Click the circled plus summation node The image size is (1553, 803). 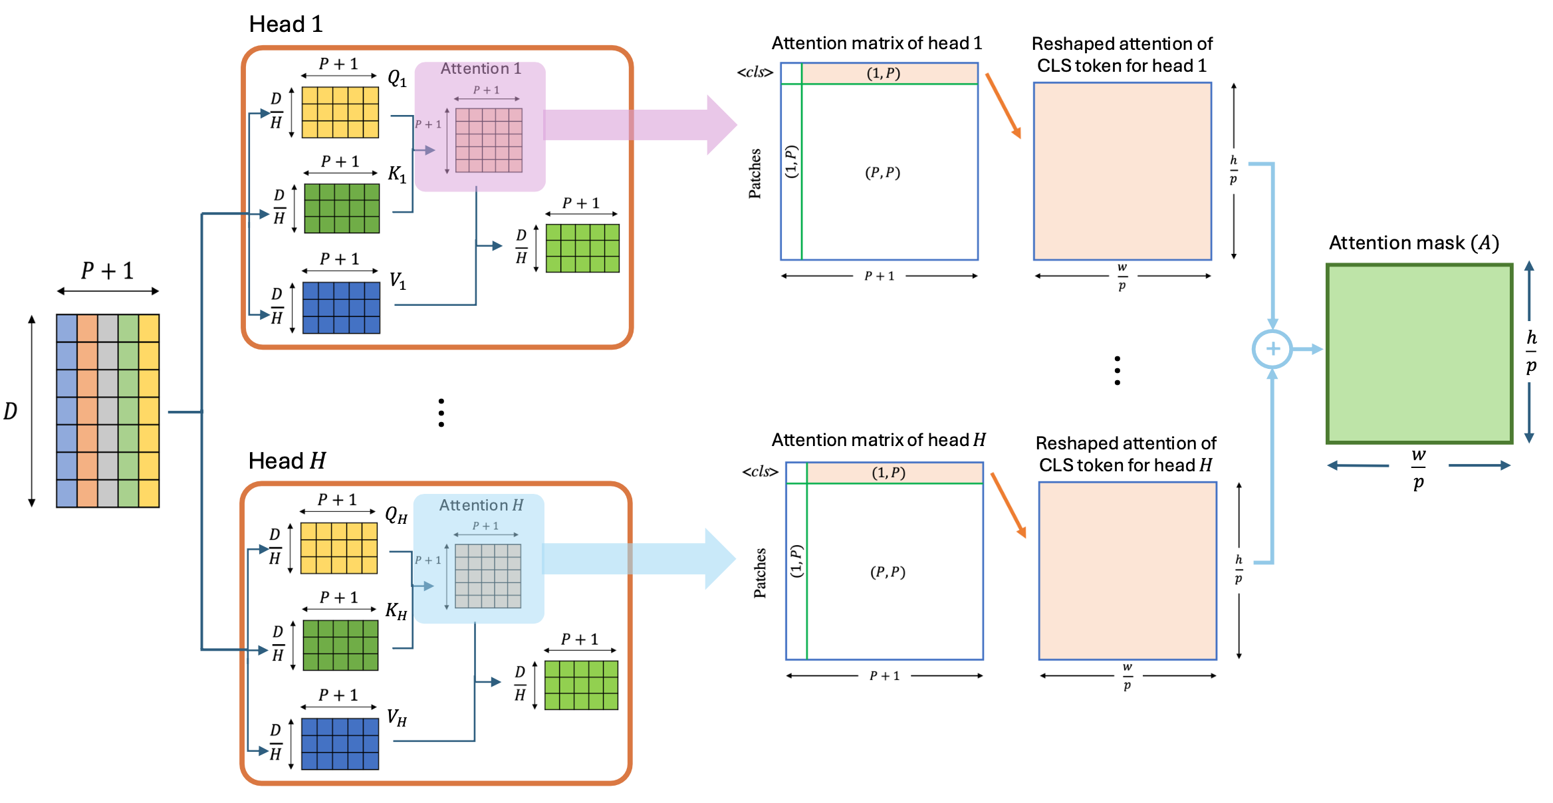[x=1272, y=349]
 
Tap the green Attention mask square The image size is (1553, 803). [x=1419, y=354]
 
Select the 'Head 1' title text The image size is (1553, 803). [x=286, y=25]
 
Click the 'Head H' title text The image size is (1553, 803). [x=287, y=461]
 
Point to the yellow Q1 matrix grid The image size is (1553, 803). [x=340, y=112]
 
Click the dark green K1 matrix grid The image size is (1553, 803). [x=342, y=208]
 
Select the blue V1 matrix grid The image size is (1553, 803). [x=341, y=308]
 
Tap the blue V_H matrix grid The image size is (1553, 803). [x=340, y=744]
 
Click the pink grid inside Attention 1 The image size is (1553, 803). [x=489, y=140]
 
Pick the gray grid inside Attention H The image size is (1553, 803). [x=488, y=576]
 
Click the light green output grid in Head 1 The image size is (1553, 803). [x=582, y=248]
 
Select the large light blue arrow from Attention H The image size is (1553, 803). [x=639, y=559]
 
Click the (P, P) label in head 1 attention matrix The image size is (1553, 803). [x=882, y=173]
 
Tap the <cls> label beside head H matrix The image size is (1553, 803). [x=761, y=472]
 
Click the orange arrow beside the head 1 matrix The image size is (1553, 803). [x=1003, y=106]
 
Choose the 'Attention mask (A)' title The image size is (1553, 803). [x=1414, y=243]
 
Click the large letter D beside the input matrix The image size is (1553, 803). [x=10, y=411]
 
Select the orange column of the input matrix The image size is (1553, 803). [x=87, y=411]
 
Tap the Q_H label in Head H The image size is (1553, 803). [x=396, y=515]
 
